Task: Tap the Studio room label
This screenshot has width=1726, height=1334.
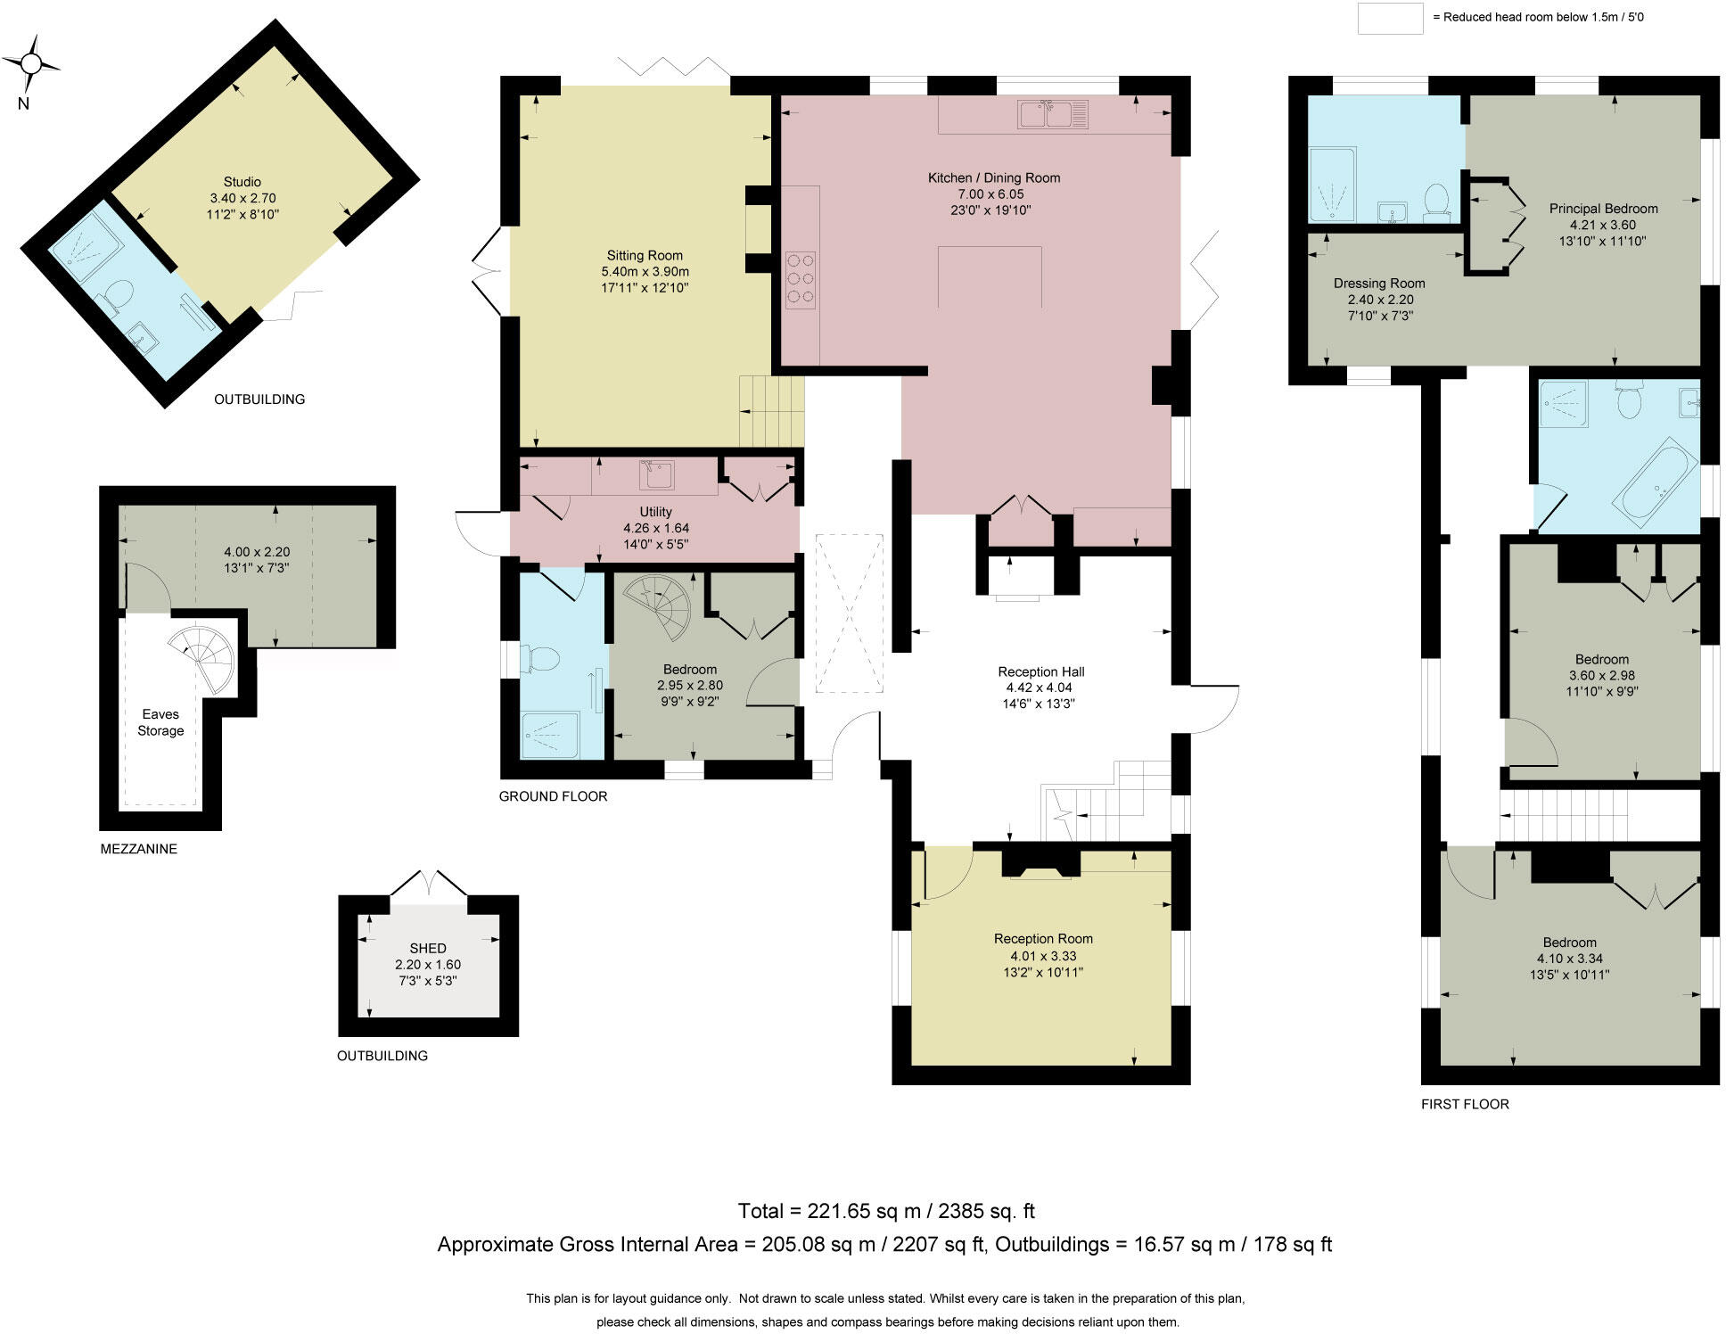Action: pos(242,182)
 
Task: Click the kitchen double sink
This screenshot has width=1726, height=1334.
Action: pos(1052,115)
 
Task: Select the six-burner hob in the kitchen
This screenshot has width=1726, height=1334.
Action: pos(801,280)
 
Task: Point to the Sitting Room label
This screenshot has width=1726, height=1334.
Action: pos(645,256)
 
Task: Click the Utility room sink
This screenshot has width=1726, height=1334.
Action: pos(656,475)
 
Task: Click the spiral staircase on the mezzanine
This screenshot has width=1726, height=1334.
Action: pos(204,659)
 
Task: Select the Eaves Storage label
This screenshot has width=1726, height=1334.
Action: pos(160,722)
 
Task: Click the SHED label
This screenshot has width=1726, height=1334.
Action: pos(428,948)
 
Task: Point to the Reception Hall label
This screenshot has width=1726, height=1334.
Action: pos(1040,671)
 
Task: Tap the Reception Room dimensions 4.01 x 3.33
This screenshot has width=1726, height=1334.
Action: pos(1043,955)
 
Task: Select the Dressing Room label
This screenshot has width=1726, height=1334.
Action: pos(1379,284)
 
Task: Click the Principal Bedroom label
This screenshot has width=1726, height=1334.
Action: pos(1603,209)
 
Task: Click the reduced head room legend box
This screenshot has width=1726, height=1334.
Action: pos(1389,18)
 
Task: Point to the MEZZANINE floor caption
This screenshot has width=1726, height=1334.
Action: pos(138,849)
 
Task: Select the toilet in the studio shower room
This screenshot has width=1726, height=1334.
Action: pos(119,296)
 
